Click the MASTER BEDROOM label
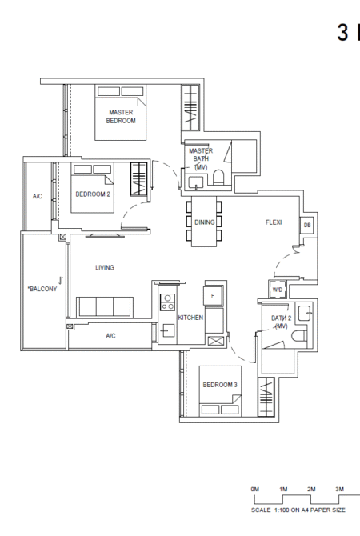pyautogui.click(x=121, y=116)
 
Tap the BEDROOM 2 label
pyautogui.click(x=93, y=194)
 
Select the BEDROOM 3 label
pyautogui.click(x=220, y=385)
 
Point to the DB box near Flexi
pyautogui.click(x=307, y=226)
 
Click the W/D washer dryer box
pyautogui.click(x=278, y=290)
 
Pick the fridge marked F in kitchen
pyautogui.click(x=213, y=296)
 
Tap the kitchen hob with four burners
pyautogui.click(x=167, y=302)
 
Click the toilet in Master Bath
pyautogui.click(x=218, y=178)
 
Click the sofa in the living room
pyautogui.click(x=105, y=306)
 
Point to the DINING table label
pyautogui.click(x=205, y=222)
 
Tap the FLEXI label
pyautogui.click(x=274, y=222)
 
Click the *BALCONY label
pyautogui.click(x=42, y=289)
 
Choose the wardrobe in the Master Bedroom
pyautogui.click(x=190, y=107)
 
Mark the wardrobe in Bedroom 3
pyautogui.click(x=266, y=397)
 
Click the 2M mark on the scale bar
pyautogui.click(x=311, y=489)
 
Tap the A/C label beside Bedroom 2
pyautogui.click(x=38, y=196)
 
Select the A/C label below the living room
pyautogui.click(x=110, y=336)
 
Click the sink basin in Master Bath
pyautogui.click(x=196, y=182)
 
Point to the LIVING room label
pyautogui.click(x=105, y=267)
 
